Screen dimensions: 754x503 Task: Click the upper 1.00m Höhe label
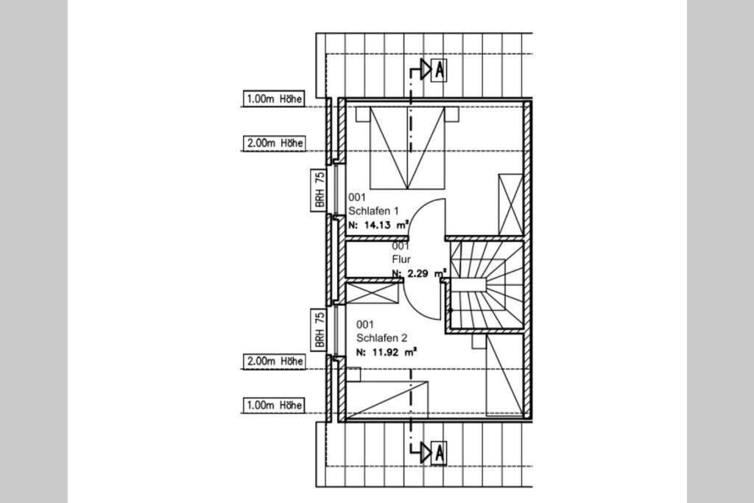point(274,99)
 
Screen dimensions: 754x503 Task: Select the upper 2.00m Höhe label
point(274,144)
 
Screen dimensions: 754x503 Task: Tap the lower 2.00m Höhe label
point(274,361)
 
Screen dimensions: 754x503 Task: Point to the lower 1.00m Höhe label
point(274,405)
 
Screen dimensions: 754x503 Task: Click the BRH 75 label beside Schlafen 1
point(319,190)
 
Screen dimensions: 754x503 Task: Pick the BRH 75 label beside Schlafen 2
point(319,330)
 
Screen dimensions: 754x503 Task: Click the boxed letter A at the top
point(439,70)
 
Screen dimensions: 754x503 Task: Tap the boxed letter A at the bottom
point(439,453)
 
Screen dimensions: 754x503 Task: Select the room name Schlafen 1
point(373,211)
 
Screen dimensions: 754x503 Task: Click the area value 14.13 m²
point(379,225)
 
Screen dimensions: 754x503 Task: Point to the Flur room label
point(401,259)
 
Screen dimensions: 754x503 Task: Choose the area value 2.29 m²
point(417,274)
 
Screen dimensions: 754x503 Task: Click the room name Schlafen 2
point(382,338)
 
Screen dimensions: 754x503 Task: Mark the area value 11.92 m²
point(387,352)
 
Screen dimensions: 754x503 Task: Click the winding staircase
point(487,285)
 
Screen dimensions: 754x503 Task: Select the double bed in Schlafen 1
point(406,147)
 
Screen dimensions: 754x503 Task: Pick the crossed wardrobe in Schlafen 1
point(511,205)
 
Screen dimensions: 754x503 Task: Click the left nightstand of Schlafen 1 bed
point(362,114)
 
